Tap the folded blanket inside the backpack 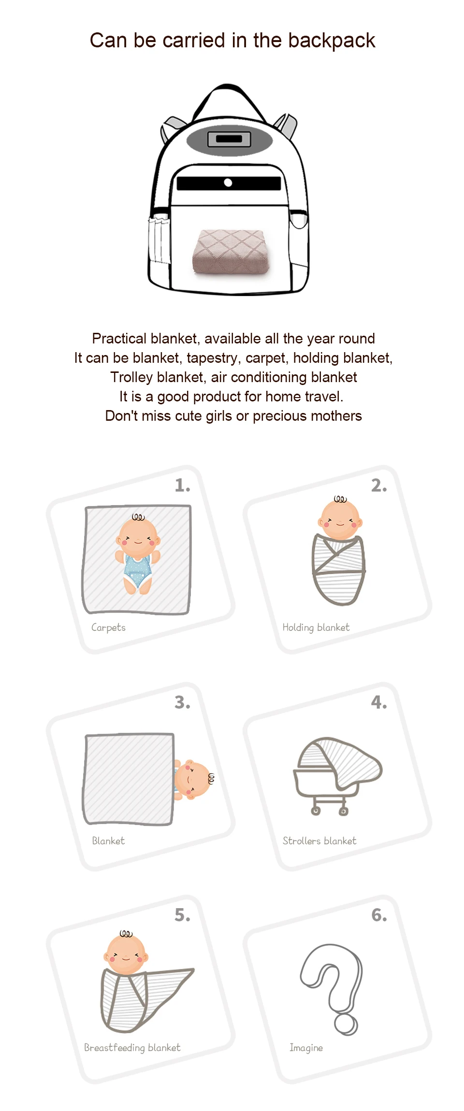point(231,252)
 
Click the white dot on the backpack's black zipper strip point(228,183)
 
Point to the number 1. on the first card point(182,485)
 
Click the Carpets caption point(108,627)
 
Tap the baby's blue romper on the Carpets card point(138,571)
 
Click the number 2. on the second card point(379,485)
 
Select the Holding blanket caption point(316,627)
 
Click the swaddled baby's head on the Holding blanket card point(340,520)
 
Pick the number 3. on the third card point(182,702)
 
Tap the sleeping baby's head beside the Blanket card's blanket point(193,779)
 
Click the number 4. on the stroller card point(379,702)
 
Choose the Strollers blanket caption point(319,841)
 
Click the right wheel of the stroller point(343,811)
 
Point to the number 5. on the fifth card point(182,915)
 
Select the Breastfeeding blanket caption point(132,1048)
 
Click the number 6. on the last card point(379,915)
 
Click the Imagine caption point(306,1048)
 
